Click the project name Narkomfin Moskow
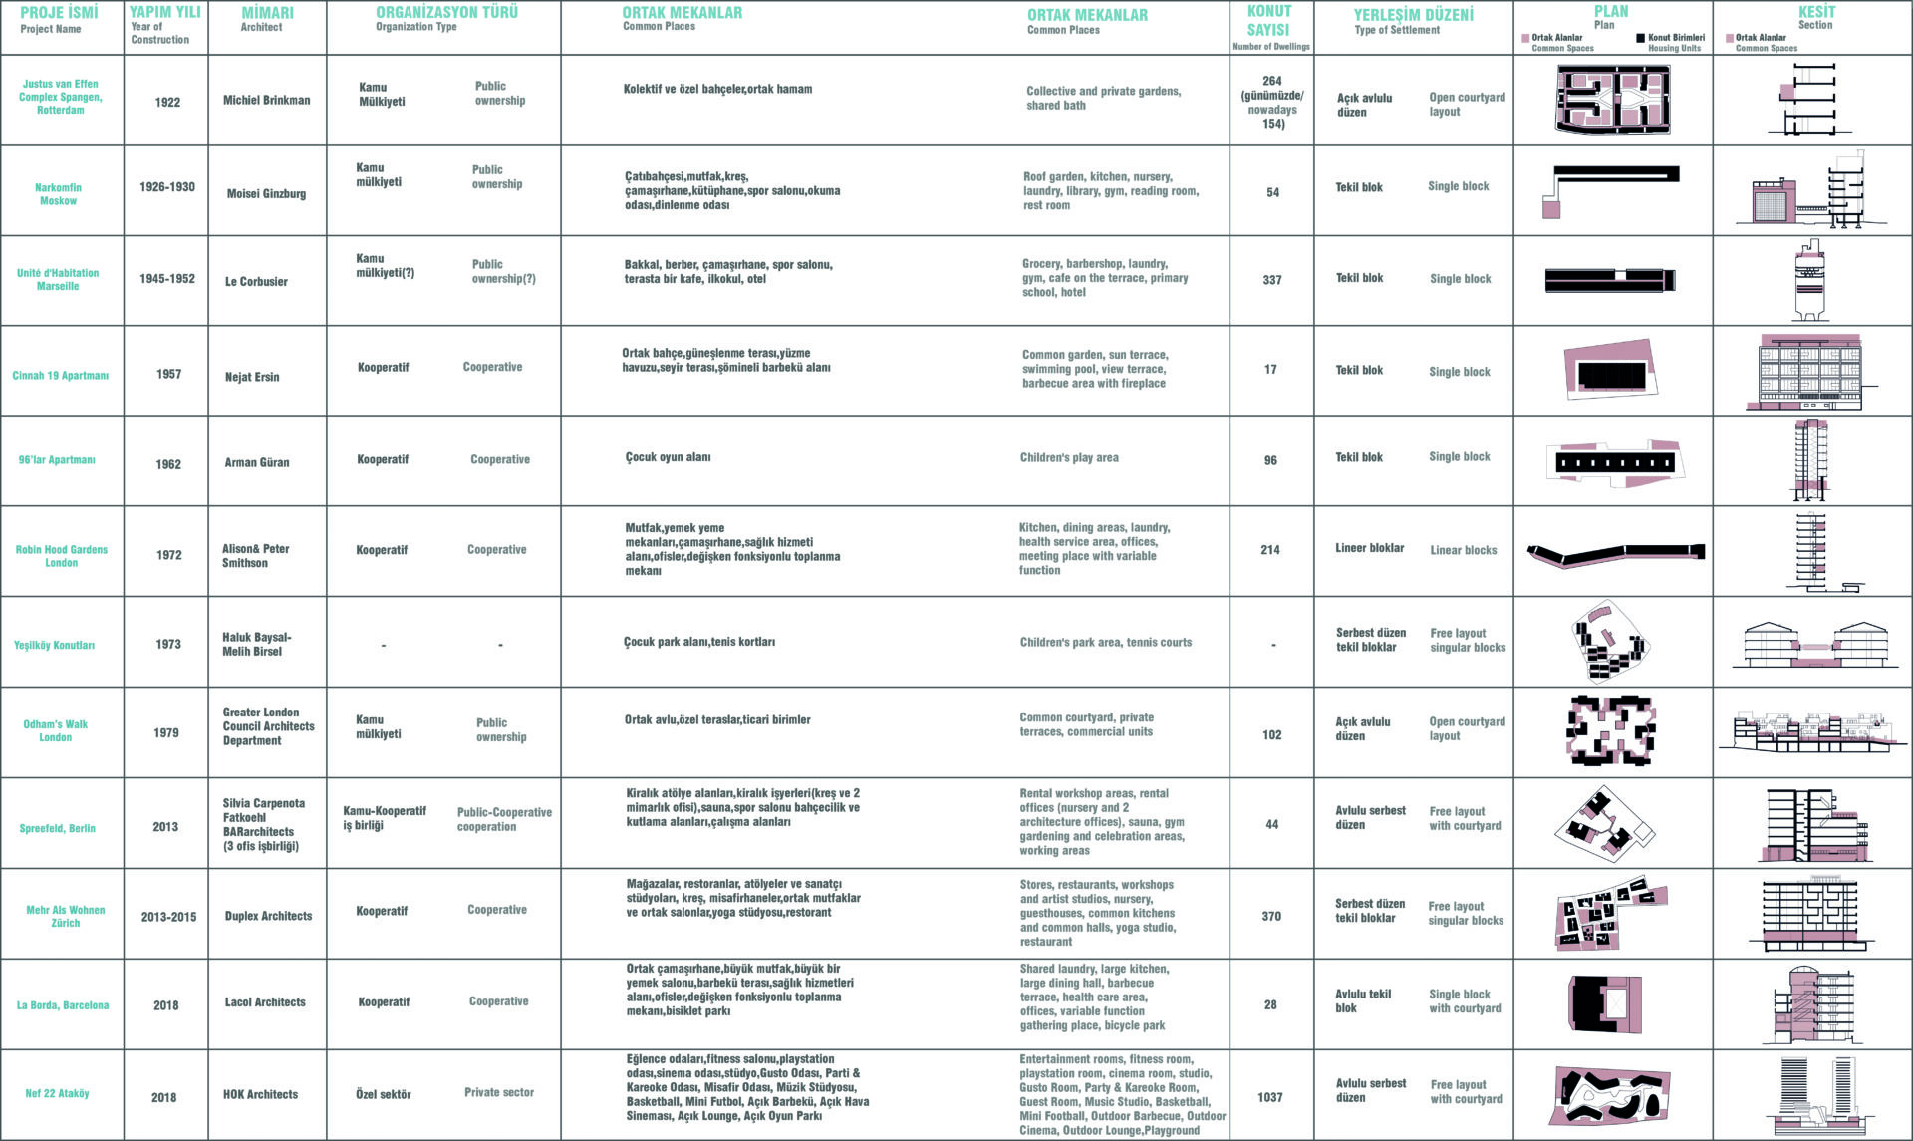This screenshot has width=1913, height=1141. (58, 194)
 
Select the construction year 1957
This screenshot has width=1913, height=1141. (168, 375)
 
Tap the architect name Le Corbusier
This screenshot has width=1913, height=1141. (256, 282)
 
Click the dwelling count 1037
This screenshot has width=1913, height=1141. (1270, 1097)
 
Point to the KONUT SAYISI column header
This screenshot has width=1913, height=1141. (1269, 21)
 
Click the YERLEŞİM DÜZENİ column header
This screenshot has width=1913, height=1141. (1413, 15)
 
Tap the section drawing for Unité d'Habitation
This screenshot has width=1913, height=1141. (1811, 281)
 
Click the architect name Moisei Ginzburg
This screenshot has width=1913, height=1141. (266, 194)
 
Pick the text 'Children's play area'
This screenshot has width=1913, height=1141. (1069, 458)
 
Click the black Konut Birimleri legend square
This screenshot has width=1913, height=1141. (1640, 39)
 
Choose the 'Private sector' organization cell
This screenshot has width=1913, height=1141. (498, 1093)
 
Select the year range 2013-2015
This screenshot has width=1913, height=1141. (168, 917)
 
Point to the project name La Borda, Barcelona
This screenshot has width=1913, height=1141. (63, 1005)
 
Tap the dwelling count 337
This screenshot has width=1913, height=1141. (1272, 280)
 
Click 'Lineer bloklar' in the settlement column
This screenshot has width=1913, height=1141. (1369, 548)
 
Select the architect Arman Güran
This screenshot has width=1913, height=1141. (257, 463)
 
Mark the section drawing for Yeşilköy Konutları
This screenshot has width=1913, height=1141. (1811, 645)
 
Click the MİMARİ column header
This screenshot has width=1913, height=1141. (267, 14)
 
